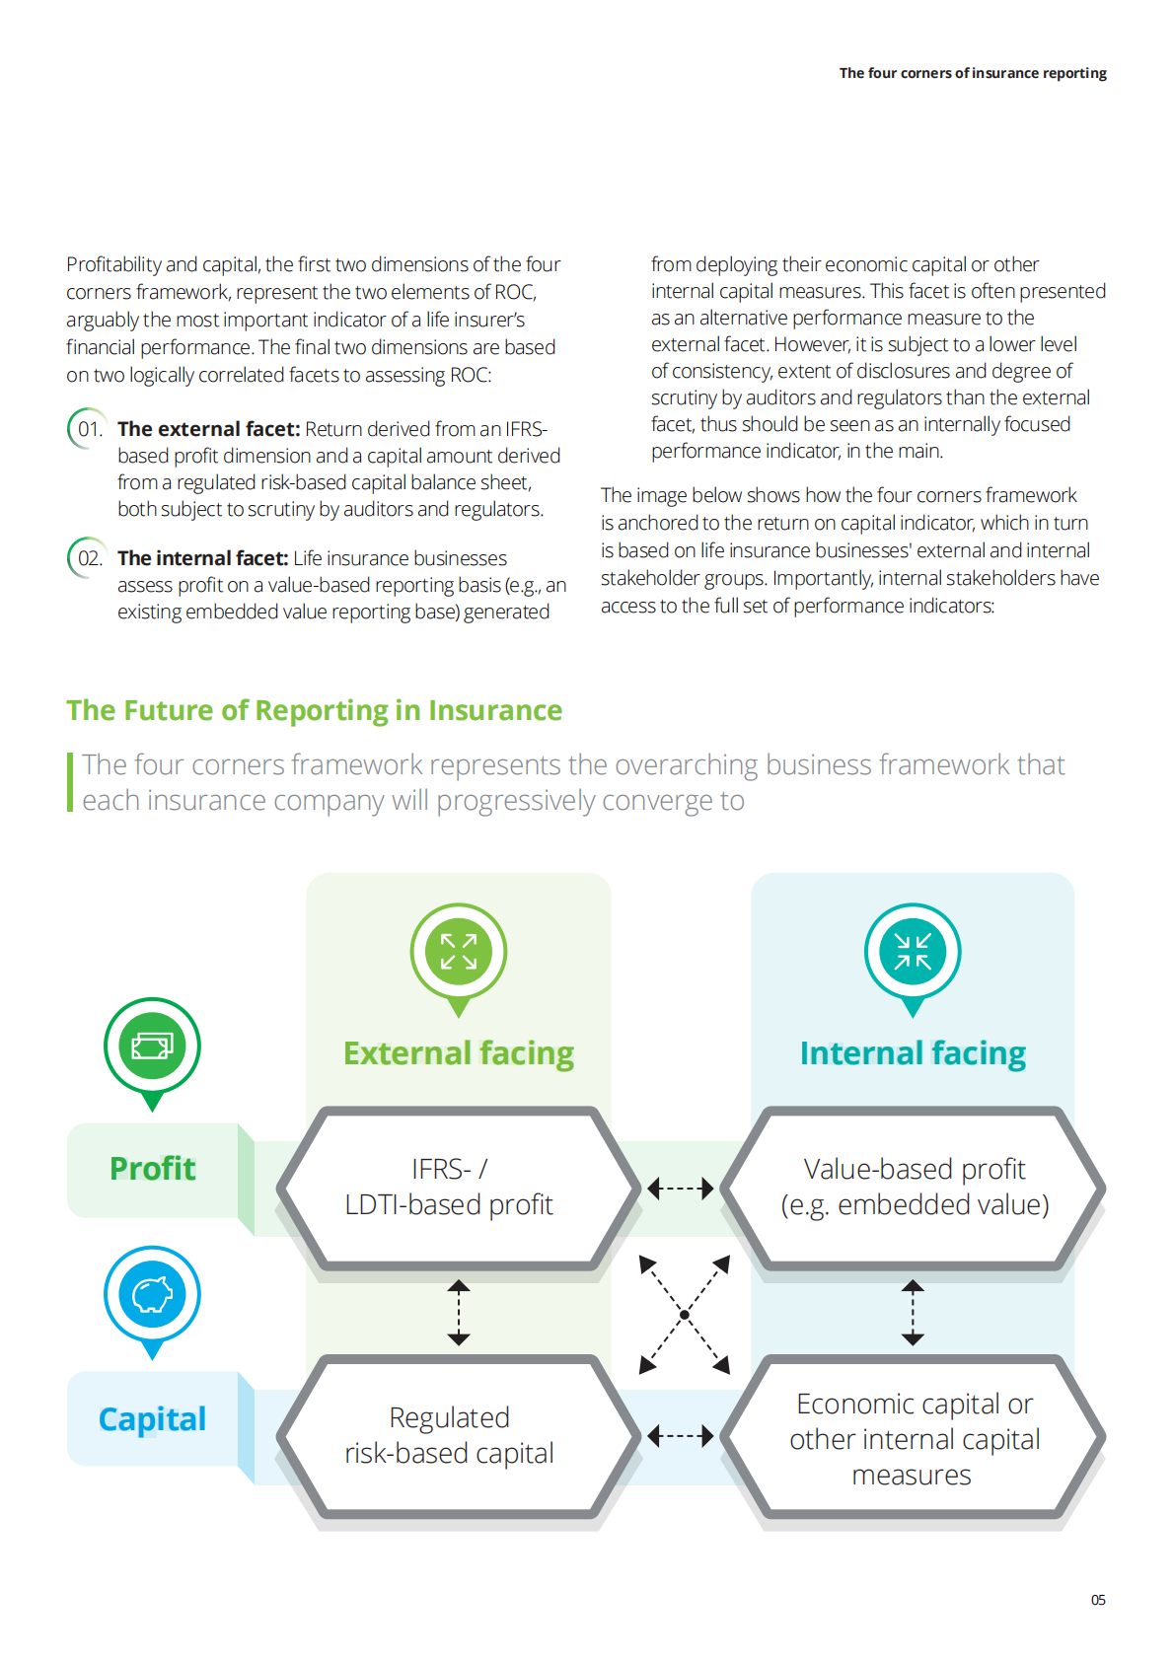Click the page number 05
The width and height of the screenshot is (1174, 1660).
[1098, 1600]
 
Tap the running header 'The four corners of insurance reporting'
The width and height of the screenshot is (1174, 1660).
[972, 73]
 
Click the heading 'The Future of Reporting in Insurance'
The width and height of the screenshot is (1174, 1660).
[314, 710]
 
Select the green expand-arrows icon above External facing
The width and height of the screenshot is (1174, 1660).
[459, 952]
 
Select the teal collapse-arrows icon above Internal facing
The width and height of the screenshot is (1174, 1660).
[913, 952]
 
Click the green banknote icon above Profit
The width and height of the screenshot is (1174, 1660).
[152, 1046]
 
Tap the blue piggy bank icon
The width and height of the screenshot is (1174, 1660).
[152, 1294]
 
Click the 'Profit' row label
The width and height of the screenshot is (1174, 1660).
[153, 1169]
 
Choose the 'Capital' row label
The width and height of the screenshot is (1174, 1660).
[153, 1418]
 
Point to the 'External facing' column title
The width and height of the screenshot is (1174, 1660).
[459, 1053]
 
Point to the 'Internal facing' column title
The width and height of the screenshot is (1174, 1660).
[913, 1053]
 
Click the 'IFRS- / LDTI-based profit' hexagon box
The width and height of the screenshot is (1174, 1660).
[450, 1187]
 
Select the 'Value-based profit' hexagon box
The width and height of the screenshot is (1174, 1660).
[915, 1187]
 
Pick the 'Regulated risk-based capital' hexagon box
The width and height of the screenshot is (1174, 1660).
[450, 1435]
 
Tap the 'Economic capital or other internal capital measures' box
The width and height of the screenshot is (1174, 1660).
[915, 1438]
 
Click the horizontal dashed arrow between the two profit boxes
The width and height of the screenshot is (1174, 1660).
[681, 1189]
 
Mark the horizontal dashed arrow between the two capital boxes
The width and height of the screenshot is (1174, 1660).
[681, 1436]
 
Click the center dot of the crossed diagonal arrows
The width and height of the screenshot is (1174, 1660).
[685, 1315]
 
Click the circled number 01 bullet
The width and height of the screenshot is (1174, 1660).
[89, 429]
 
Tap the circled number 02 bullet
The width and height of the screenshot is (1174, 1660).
[89, 558]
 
